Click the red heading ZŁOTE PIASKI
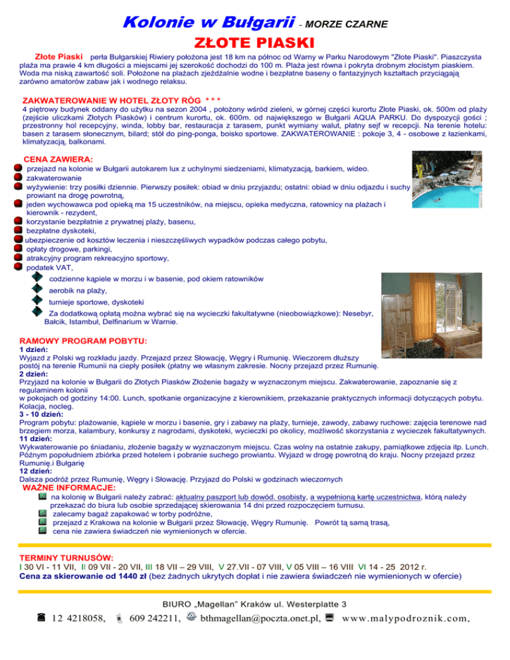coord(255,43)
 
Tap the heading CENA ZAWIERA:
coord(58,159)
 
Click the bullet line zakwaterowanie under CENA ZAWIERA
coord(54,179)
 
